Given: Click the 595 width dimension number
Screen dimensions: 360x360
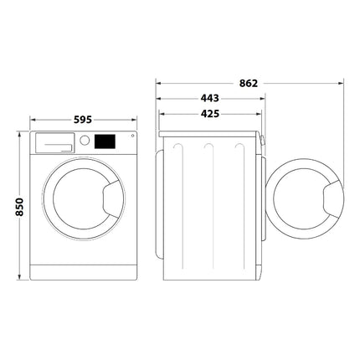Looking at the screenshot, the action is [x=83, y=120].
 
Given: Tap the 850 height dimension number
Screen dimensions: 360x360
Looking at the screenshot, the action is [x=19, y=207].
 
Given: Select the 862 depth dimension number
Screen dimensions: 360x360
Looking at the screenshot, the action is [x=249, y=83].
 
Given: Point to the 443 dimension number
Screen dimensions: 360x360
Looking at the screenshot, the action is [x=210, y=98].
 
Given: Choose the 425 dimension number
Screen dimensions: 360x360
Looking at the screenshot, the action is [x=210, y=114].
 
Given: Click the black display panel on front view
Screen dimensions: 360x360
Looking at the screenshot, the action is [x=105, y=141].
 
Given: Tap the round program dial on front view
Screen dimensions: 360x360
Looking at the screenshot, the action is [x=85, y=140].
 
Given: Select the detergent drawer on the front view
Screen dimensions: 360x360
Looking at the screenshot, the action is [x=55, y=143].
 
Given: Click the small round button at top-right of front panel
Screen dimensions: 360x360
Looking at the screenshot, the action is [x=132, y=136].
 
